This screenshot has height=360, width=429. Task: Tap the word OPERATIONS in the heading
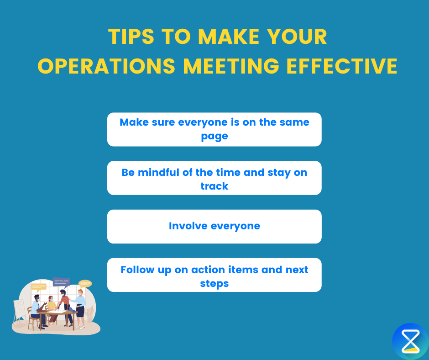tap(106, 66)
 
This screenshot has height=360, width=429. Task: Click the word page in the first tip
tap(214, 136)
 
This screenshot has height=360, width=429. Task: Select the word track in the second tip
tap(214, 186)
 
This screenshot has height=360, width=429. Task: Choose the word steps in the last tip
tap(214, 284)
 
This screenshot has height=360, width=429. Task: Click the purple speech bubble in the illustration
tap(61, 282)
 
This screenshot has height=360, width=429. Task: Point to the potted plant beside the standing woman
tap(90, 314)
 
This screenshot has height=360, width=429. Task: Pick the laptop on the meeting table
tap(72, 310)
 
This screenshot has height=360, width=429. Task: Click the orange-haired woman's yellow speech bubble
tap(85, 284)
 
